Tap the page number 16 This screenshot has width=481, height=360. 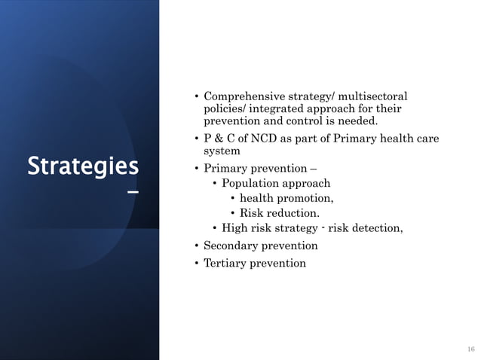(x=471, y=349)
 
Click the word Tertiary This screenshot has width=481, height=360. (x=225, y=264)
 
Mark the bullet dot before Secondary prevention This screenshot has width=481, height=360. (x=196, y=246)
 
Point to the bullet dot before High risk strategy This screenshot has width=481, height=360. (x=215, y=229)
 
